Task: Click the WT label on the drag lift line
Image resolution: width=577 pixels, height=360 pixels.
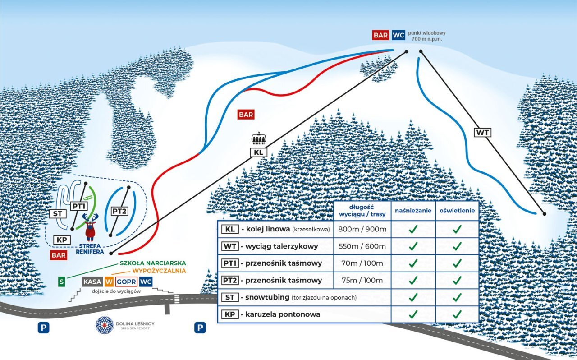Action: coord(482,133)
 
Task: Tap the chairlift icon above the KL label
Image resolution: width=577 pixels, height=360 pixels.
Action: coord(258,138)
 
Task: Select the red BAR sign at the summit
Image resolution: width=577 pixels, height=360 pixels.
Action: coord(380,35)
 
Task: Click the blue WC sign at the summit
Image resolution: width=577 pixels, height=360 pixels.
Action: coord(398,35)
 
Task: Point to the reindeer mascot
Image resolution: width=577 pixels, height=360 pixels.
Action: coord(90,227)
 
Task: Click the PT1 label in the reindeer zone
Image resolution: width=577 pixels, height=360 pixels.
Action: coord(79,206)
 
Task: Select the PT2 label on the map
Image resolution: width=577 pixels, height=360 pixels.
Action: coord(119,212)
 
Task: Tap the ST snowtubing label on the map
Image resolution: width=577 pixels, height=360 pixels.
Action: coord(58,214)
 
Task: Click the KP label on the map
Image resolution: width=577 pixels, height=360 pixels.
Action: coord(62,240)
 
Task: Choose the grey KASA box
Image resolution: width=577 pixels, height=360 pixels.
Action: coord(92,282)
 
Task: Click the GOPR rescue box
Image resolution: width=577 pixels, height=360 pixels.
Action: coord(126,282)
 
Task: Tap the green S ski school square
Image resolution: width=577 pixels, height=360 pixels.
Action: coord(61,282)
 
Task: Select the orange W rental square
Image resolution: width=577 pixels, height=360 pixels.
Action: coord(109,282)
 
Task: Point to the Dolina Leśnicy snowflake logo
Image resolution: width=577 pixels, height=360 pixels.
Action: coord(104,325)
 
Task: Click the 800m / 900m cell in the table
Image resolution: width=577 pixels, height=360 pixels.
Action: coord(362,229)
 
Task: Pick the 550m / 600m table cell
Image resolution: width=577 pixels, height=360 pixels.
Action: coord(362,246)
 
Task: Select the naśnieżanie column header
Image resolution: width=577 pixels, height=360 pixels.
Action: coord(413,210)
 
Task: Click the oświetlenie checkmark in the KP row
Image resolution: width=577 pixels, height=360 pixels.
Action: coord(457,314)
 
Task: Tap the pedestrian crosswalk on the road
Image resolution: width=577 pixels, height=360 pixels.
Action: coord(177,299)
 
